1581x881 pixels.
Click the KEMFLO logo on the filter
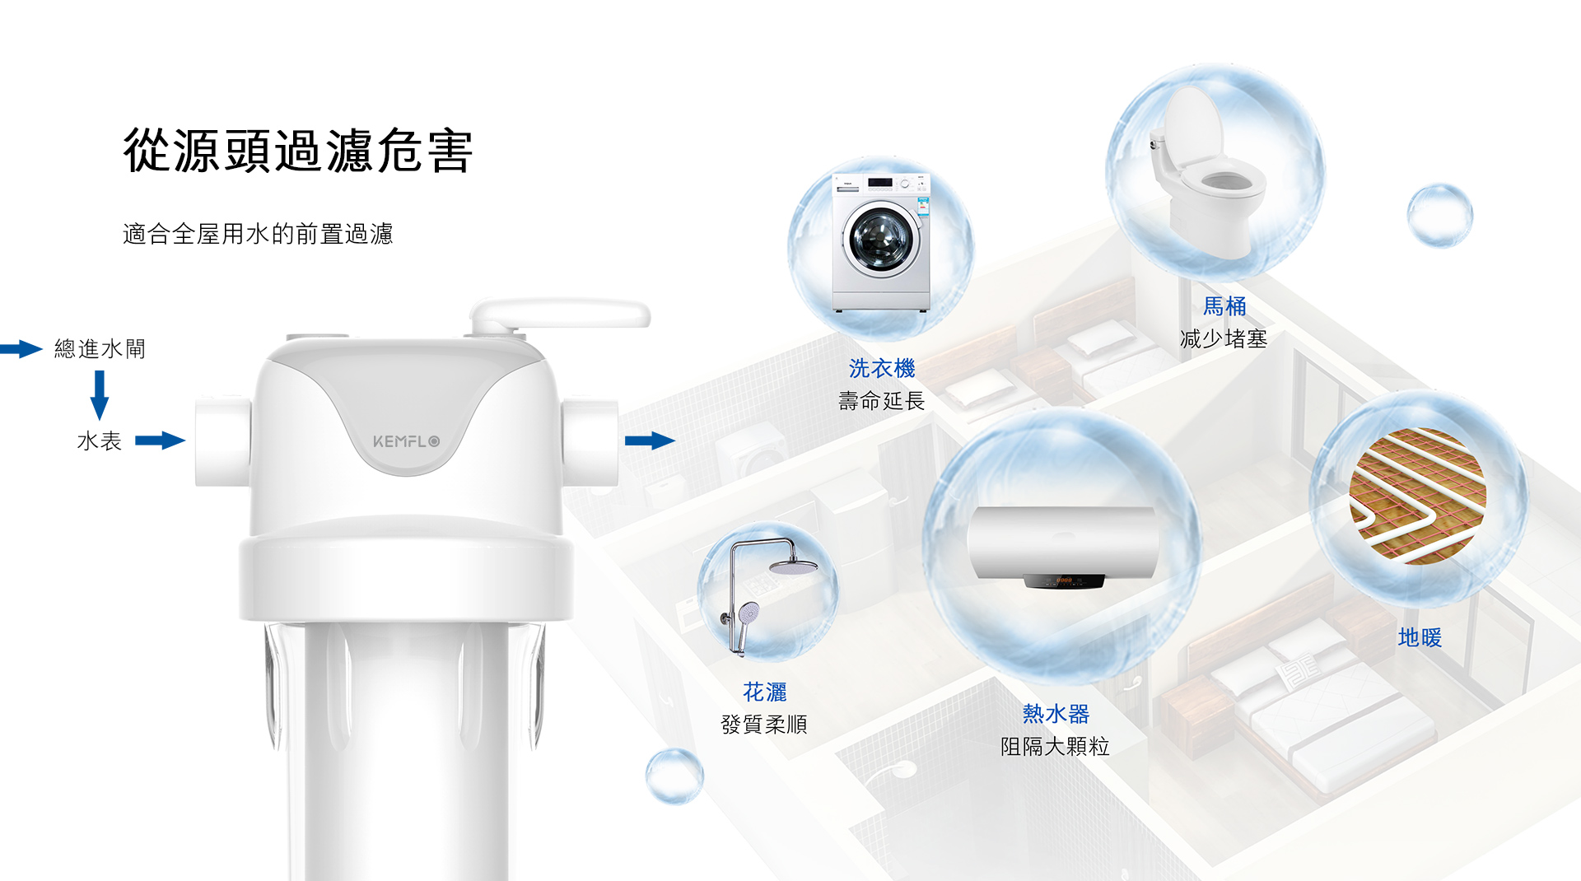pos(406,441)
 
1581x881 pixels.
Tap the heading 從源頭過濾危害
pos(298,151)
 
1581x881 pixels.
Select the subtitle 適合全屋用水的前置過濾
pos(258,234)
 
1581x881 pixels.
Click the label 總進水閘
pos(100,349)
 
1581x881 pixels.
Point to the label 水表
pos(100,441)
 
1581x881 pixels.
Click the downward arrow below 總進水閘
pos(100,395)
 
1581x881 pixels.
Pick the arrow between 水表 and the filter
pos(160,440)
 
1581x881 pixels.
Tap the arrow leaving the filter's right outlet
pos(650,440)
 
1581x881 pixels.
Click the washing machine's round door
pos(880,239)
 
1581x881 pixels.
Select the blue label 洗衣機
pos(882,368)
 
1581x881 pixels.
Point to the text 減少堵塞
pos(1224,338)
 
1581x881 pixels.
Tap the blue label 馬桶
pos(1224,306)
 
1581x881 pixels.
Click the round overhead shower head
pos(794,566)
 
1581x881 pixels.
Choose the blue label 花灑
pos(765,692)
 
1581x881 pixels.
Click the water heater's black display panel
pos(1064,581)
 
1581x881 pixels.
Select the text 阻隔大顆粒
pos(1055,746)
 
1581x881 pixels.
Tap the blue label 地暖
pos(1420,637)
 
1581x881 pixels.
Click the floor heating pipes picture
pos(1418,496)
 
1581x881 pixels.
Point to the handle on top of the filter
pos(560,315)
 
